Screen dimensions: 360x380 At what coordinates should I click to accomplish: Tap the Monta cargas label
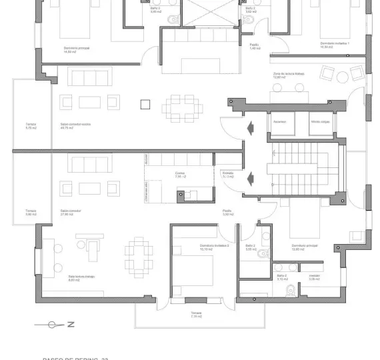320,122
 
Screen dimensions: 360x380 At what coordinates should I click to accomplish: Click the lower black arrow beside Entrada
251,178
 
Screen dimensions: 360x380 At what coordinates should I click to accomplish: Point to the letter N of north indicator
70,325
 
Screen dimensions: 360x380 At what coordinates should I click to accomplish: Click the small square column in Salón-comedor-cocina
145,103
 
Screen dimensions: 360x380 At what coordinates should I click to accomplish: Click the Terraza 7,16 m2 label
196,314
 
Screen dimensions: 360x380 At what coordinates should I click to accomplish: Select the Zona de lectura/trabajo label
289,75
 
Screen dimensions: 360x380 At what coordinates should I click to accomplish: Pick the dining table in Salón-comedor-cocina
180,105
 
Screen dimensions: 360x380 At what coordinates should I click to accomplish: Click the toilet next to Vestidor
291,291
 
